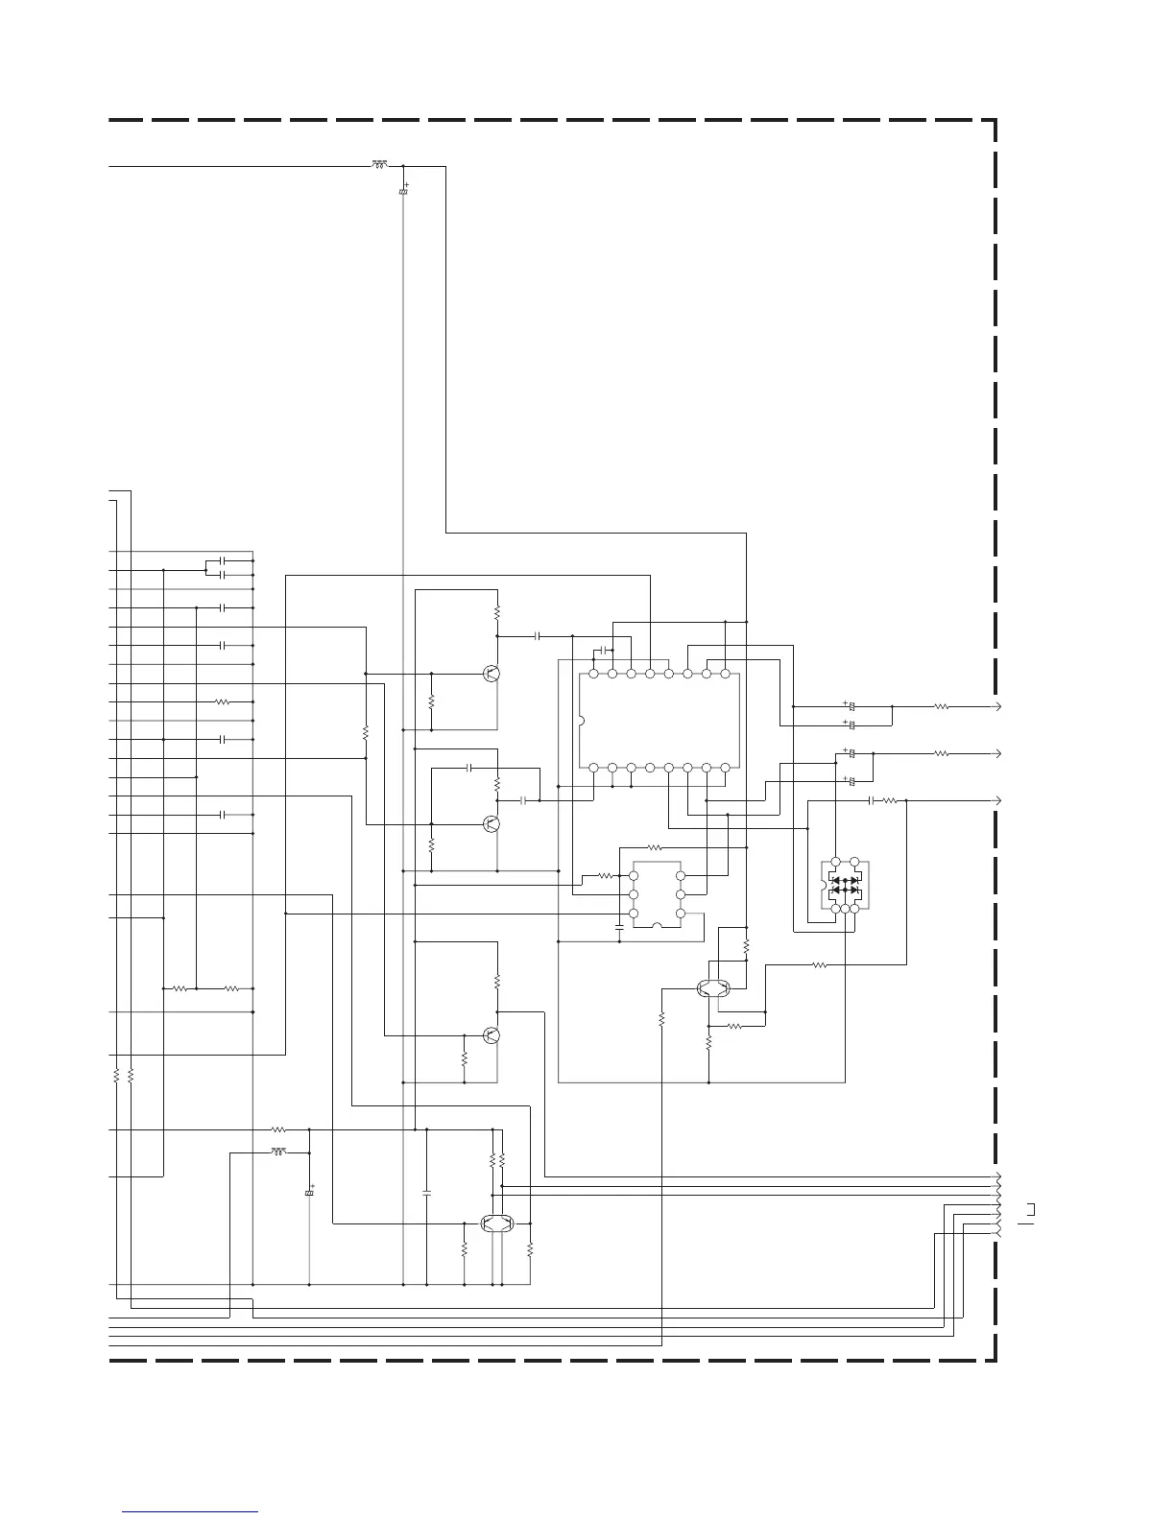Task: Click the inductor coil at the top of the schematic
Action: coord(379,165)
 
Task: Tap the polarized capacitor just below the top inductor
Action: coord(403,193)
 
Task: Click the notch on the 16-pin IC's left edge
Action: coord(582,721)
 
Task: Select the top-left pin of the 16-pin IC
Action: coord(593,674)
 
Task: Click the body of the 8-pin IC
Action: coord(657,894)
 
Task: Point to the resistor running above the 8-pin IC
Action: coord(656,847)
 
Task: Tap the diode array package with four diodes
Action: coord(845,886)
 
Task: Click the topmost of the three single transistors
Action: coord(492,674)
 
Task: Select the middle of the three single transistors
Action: coord(492,823)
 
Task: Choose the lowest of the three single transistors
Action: coord(492,1035)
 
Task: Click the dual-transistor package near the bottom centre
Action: coord(496,1223)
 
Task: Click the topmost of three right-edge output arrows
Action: coord(998,706)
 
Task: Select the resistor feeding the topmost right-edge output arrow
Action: coord(942,706)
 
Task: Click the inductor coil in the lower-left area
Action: coord(278,1150)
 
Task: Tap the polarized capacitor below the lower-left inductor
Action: coord(309,1192)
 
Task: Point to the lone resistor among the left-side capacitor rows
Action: coord(223,701)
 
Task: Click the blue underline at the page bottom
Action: coord(190,1512)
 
